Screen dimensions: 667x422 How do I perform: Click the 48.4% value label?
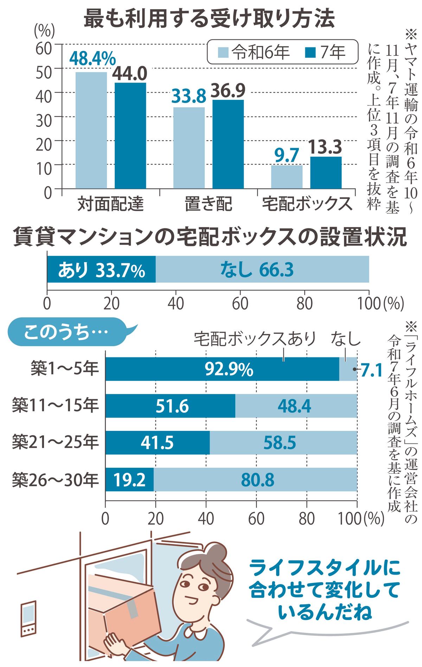pos(92,58)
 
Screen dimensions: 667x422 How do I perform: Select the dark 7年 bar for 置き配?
pos(228,144)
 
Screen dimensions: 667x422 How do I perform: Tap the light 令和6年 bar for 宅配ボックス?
pos(287,177)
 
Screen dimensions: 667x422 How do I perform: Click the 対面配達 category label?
pos(110,203)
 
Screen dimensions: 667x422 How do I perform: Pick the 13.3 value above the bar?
pos(325,147)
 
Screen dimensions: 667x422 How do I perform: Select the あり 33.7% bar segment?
pos(101,270)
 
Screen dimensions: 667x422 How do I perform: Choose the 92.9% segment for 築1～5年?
pos(222,369)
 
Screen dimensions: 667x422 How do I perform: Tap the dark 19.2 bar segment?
pos(129,480)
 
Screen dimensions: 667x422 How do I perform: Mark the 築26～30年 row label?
pos(55,480)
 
